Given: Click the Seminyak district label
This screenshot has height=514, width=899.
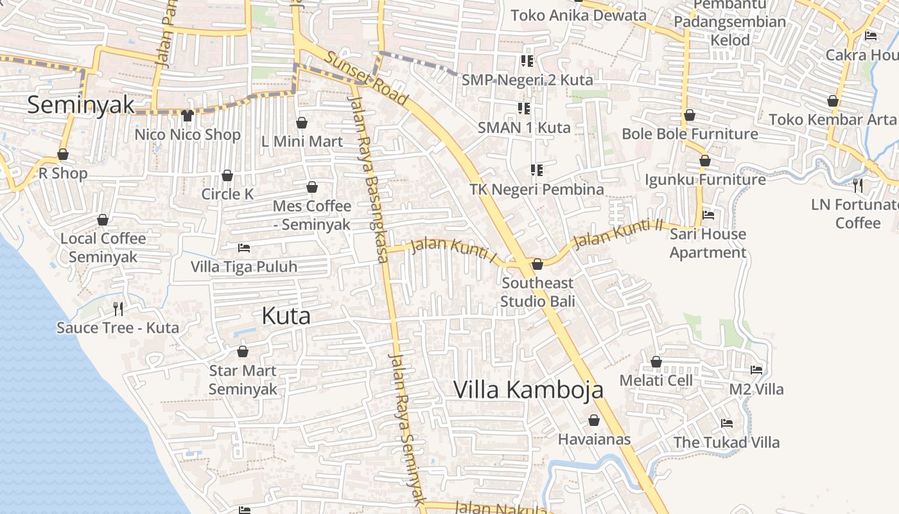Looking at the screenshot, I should [81, 105].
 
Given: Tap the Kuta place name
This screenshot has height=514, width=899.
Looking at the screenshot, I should [286, 315].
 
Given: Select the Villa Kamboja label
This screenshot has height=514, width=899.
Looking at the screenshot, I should [528, 389].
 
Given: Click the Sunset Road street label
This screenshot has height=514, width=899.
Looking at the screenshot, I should [367, 78].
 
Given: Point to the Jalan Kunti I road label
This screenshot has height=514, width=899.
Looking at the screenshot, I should [454, 250].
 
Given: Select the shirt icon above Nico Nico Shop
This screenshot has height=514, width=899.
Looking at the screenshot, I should [187, 116].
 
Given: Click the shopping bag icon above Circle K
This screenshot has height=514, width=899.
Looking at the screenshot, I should [227, 175].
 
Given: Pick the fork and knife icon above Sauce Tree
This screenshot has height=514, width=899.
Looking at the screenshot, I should [118, 309].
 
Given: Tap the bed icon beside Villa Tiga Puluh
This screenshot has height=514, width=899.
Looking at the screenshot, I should [244, 247].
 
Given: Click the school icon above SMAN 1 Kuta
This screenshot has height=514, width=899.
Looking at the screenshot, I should [523, 109].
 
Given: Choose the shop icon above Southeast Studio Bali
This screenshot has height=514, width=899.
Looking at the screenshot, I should [537, 264].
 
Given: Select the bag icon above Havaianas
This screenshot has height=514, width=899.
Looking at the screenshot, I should [594, 420].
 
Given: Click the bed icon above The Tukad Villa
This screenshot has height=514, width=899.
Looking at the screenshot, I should [727, 423].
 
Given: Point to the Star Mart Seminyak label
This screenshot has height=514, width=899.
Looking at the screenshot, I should [243, 380].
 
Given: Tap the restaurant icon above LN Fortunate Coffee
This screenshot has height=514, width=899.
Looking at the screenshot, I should [858, 186].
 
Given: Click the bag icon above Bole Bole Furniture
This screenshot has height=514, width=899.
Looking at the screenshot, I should [690, 116].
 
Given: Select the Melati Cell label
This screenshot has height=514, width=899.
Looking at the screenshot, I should [656, 380].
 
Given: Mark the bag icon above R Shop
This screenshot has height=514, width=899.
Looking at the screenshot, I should [63, 155].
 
